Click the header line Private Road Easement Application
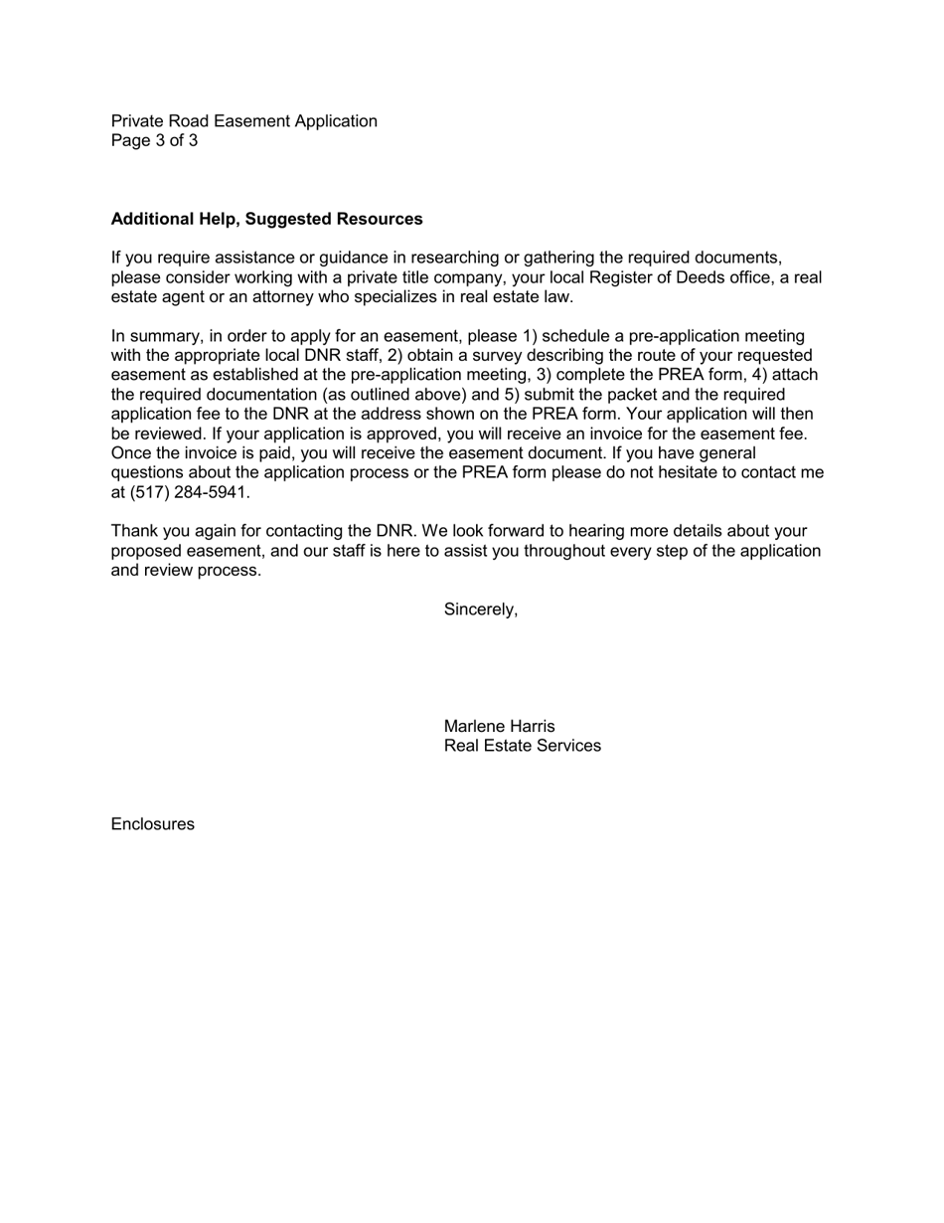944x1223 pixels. pos(243,121)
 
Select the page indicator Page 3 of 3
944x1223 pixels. pos(154,141)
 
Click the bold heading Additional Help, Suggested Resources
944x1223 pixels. pos(266,219)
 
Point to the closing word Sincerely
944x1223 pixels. pos(480,610)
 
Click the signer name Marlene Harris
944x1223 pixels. pos(499,727)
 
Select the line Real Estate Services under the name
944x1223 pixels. pos(522,747)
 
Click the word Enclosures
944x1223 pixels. pos(152,824)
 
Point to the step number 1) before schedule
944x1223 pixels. pos(530,336)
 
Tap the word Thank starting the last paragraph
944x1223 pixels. pos(134,532)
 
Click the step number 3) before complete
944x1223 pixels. pos(545,375)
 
